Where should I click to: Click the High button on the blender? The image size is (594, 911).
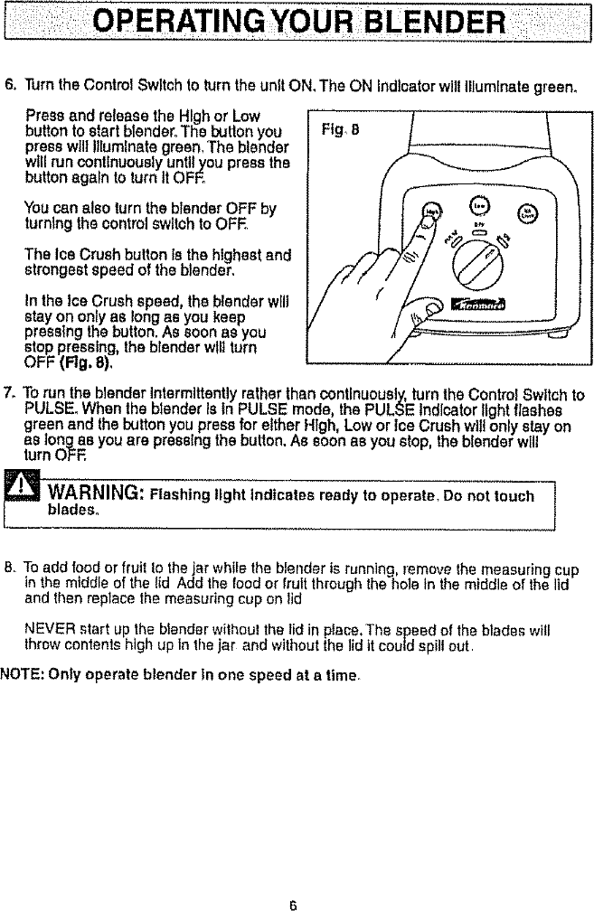point(433,211)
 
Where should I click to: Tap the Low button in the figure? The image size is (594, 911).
point(482,204)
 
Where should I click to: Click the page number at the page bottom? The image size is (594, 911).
point(295,902)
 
